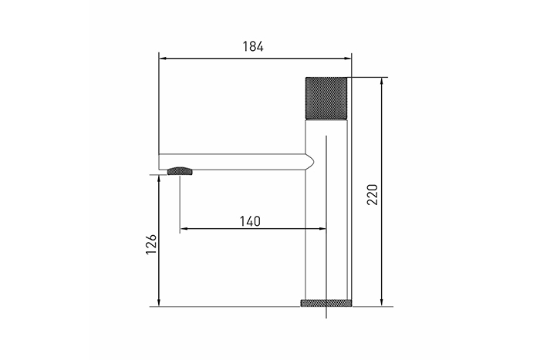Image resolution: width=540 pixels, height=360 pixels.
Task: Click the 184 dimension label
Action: tap(253, 46)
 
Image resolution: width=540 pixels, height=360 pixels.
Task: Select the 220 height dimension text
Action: tap(373, 195)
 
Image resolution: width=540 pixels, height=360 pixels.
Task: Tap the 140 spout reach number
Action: tap(251, 221)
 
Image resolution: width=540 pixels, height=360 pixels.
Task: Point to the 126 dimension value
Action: tap(151, 244)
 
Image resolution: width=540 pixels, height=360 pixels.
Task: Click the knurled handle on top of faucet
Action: tap(326, 98)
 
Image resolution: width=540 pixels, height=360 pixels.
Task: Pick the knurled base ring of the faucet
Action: tap(326, 303)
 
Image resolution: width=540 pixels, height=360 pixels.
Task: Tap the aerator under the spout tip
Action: tap(180, 170)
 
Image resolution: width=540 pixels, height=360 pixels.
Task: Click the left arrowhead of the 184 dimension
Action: tap(163, 59)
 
